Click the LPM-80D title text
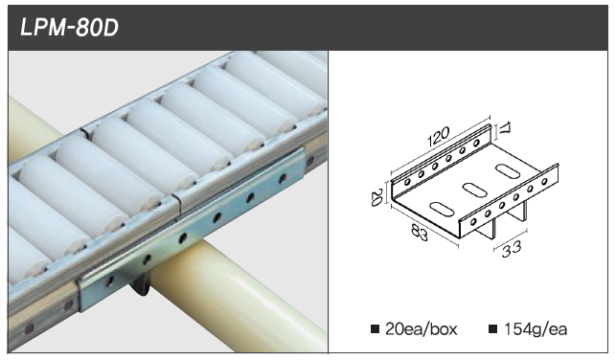tap(70, 29)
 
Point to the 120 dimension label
tap(439, 136)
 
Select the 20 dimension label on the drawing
tap(377, 197)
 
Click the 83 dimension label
tap(420, 232)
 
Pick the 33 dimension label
tap(512, 249)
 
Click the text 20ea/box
tap(422, 329)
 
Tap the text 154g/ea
tap(536, 329)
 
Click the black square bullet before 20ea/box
tap(376, 329)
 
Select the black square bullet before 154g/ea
tap(493, 329)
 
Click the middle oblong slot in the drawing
tap(474, 190)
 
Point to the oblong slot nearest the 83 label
tap(443, 208)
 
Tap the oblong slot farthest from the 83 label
tap(507, 170)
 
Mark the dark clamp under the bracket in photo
tap(140, 284)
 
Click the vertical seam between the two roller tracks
tap(177, 201)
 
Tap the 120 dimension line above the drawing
tap(441, 144)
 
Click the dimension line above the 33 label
tap(511, 240)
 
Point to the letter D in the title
tap(111, 29)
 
